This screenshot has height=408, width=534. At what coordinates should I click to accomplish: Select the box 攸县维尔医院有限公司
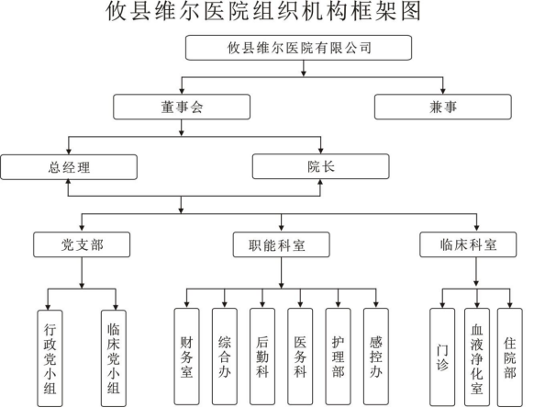[x=299, y=48]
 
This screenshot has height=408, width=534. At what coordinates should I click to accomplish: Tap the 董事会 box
[x=182, y=108]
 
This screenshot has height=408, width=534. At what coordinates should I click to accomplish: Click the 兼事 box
[x=442, y=108]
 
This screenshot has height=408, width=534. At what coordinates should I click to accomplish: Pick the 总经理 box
[x=69, y=166]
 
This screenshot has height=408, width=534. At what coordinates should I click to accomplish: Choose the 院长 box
[x=320, y=166]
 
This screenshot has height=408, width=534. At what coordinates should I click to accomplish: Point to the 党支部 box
[x=82, y=245]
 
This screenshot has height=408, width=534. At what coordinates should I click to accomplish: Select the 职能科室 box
[x=282, y=245]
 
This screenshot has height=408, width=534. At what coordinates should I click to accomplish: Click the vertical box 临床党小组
[x=115, y=356]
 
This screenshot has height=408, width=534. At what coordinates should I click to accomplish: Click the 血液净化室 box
[x=476, y=354]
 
